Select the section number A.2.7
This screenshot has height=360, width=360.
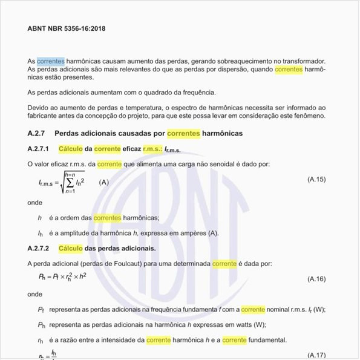coord(38,133)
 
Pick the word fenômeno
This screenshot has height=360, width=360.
coord(309,116)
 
